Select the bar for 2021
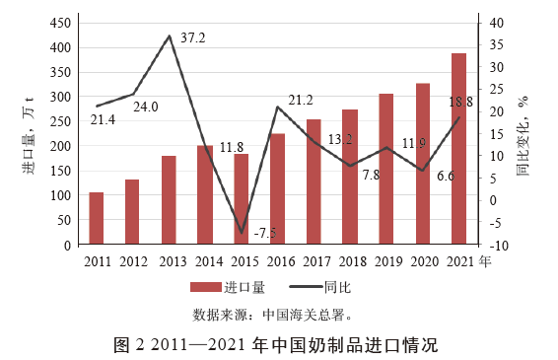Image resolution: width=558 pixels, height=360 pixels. pyautogui.click(x=458, y=148)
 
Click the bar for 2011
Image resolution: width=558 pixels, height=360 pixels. pyautogui.click(x=97, y=218)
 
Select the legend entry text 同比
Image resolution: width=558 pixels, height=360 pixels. pyautogui.click(x=337, y=288)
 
